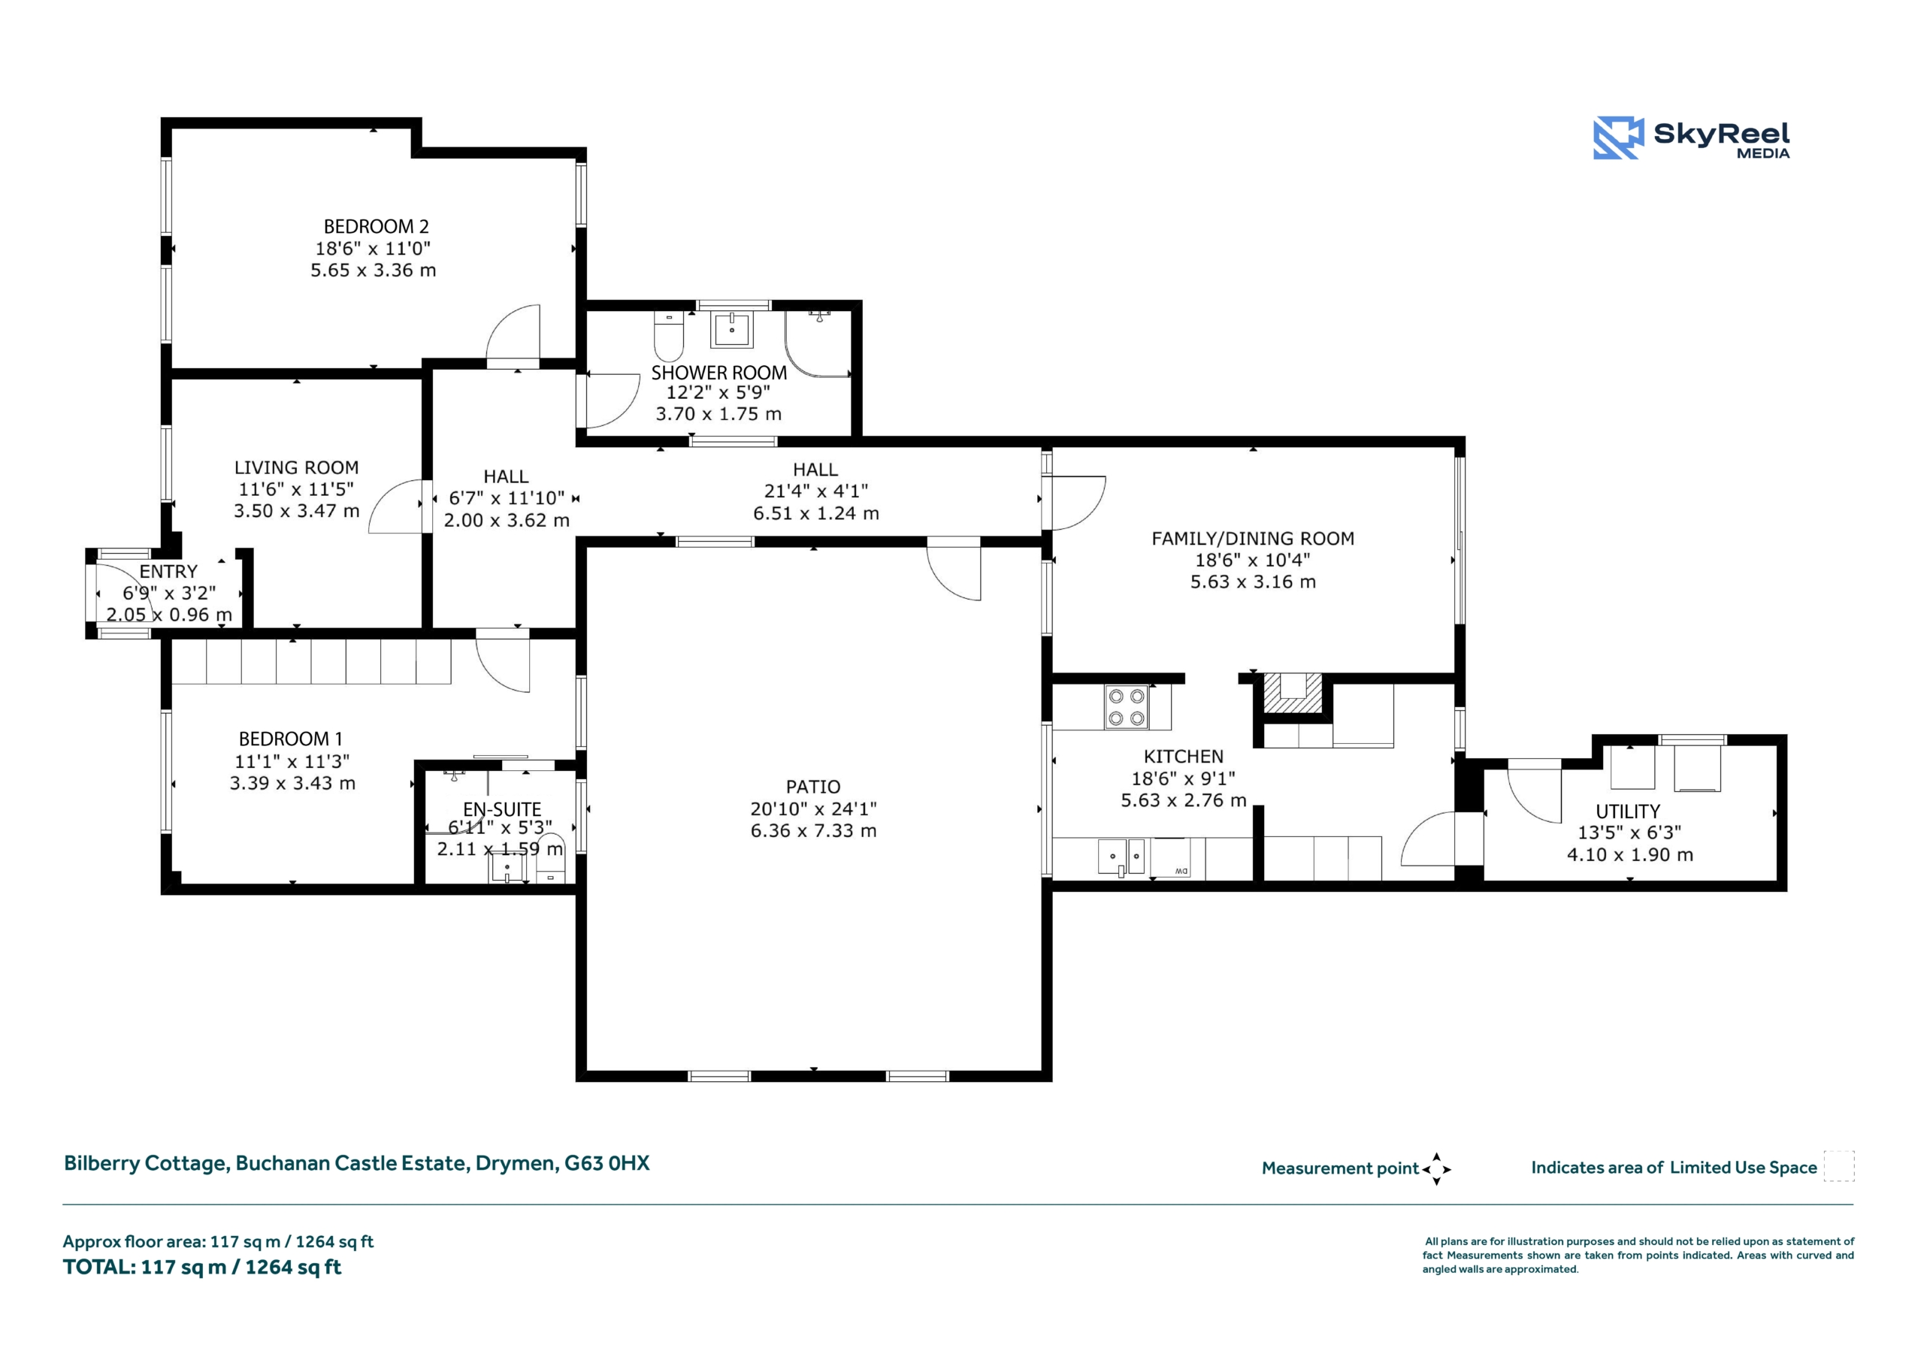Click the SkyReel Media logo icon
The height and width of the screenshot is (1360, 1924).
click(1618, 138)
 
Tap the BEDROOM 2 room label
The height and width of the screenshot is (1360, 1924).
click(376, 226)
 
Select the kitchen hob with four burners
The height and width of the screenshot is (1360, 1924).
click(1127, 707)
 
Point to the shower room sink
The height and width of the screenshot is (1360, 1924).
click(732, 328)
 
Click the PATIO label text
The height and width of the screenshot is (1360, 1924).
click(813, 787)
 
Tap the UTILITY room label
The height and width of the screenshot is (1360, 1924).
click(1627, 811)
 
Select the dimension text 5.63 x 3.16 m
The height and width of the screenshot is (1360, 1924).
click(1253, 582)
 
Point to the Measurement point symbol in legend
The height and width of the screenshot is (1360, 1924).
click(1436, 1169)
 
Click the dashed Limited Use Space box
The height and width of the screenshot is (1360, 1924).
click(1838, 1166)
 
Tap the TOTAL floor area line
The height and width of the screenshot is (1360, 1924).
click(202, 1267)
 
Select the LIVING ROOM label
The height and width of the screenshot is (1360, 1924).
click(296, 467)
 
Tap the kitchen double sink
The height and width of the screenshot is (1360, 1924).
click(1122, 857)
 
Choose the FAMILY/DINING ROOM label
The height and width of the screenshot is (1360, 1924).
click(1253, 539)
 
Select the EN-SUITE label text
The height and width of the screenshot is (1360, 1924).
click(502, 809)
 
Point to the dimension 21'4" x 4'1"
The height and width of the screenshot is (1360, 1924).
click(815, 491)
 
